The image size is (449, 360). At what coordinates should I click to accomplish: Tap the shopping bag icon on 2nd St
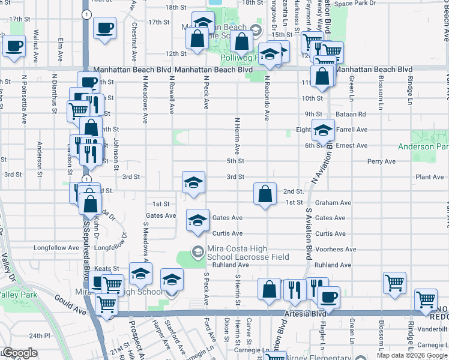(x=265, y=194)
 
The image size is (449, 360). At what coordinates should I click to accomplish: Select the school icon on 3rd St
(x=193, y=183)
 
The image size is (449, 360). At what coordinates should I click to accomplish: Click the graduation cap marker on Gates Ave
(x=197, y=220)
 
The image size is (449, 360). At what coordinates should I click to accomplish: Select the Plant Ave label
(x=430, y=177)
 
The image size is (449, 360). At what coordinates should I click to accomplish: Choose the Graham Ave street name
(x=333, y=203)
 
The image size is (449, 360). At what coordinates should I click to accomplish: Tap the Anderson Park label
(x=424, y=146)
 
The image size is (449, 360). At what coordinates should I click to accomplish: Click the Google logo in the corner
(x=19, y=353)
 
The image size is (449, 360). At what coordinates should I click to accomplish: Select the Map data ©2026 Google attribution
(x=412, y=355)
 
